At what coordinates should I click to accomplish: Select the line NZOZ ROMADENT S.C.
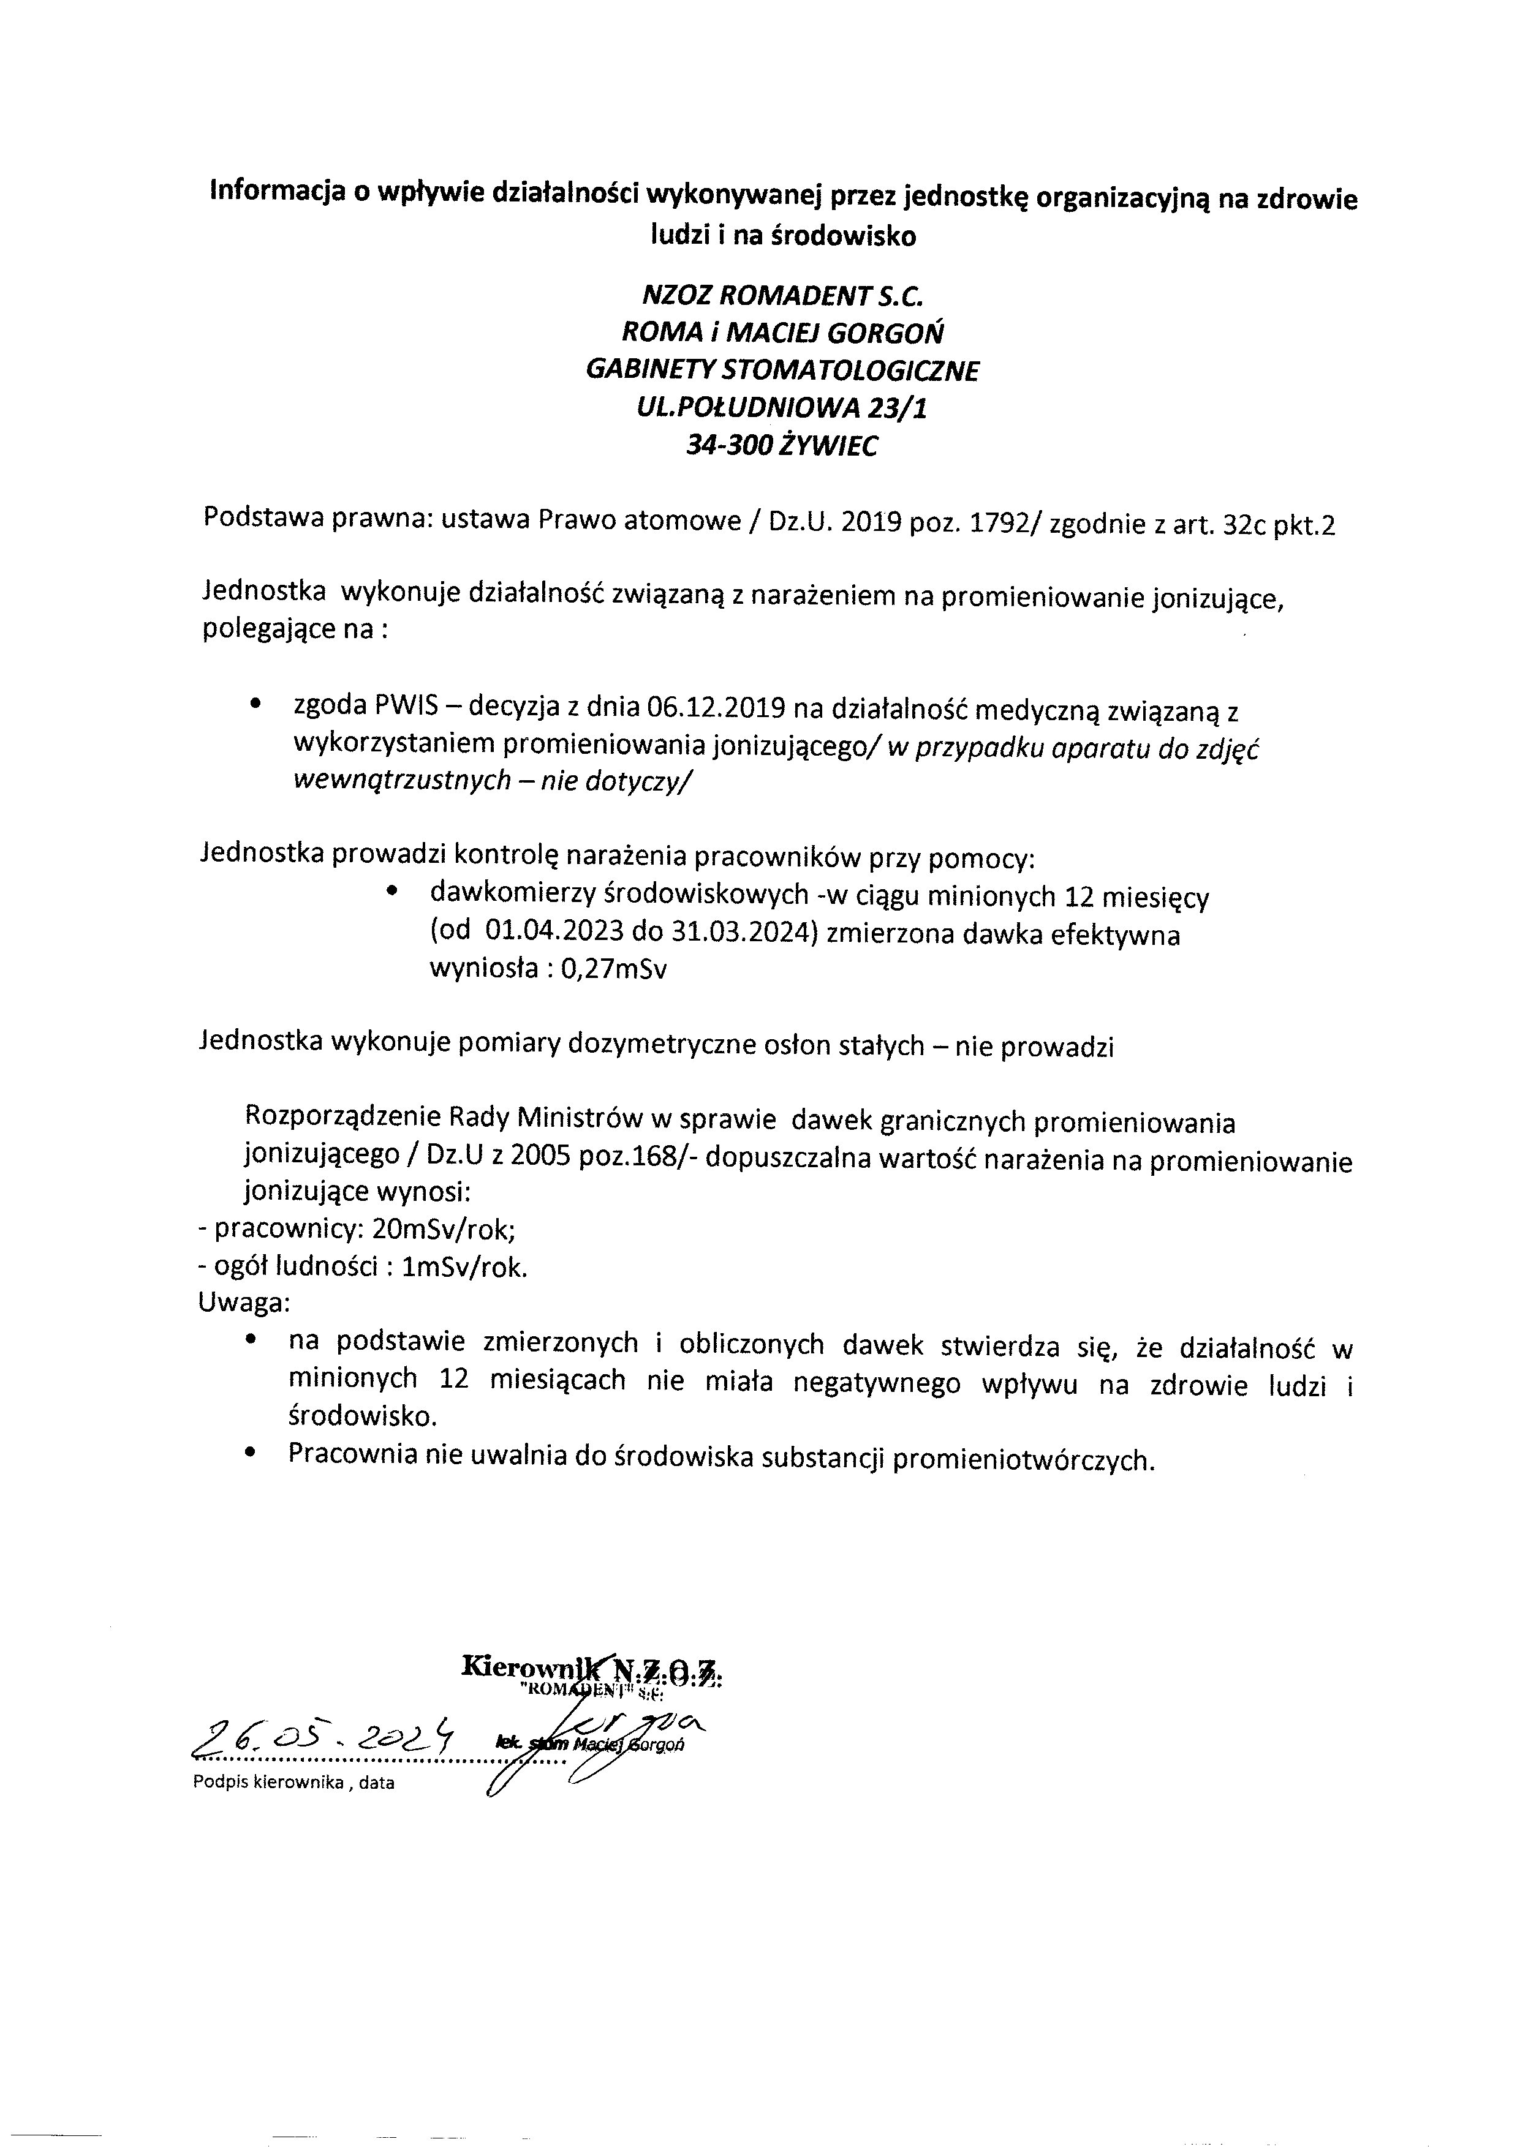pos(782,296)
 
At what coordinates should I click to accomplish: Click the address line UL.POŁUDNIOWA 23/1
pos(782,409)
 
